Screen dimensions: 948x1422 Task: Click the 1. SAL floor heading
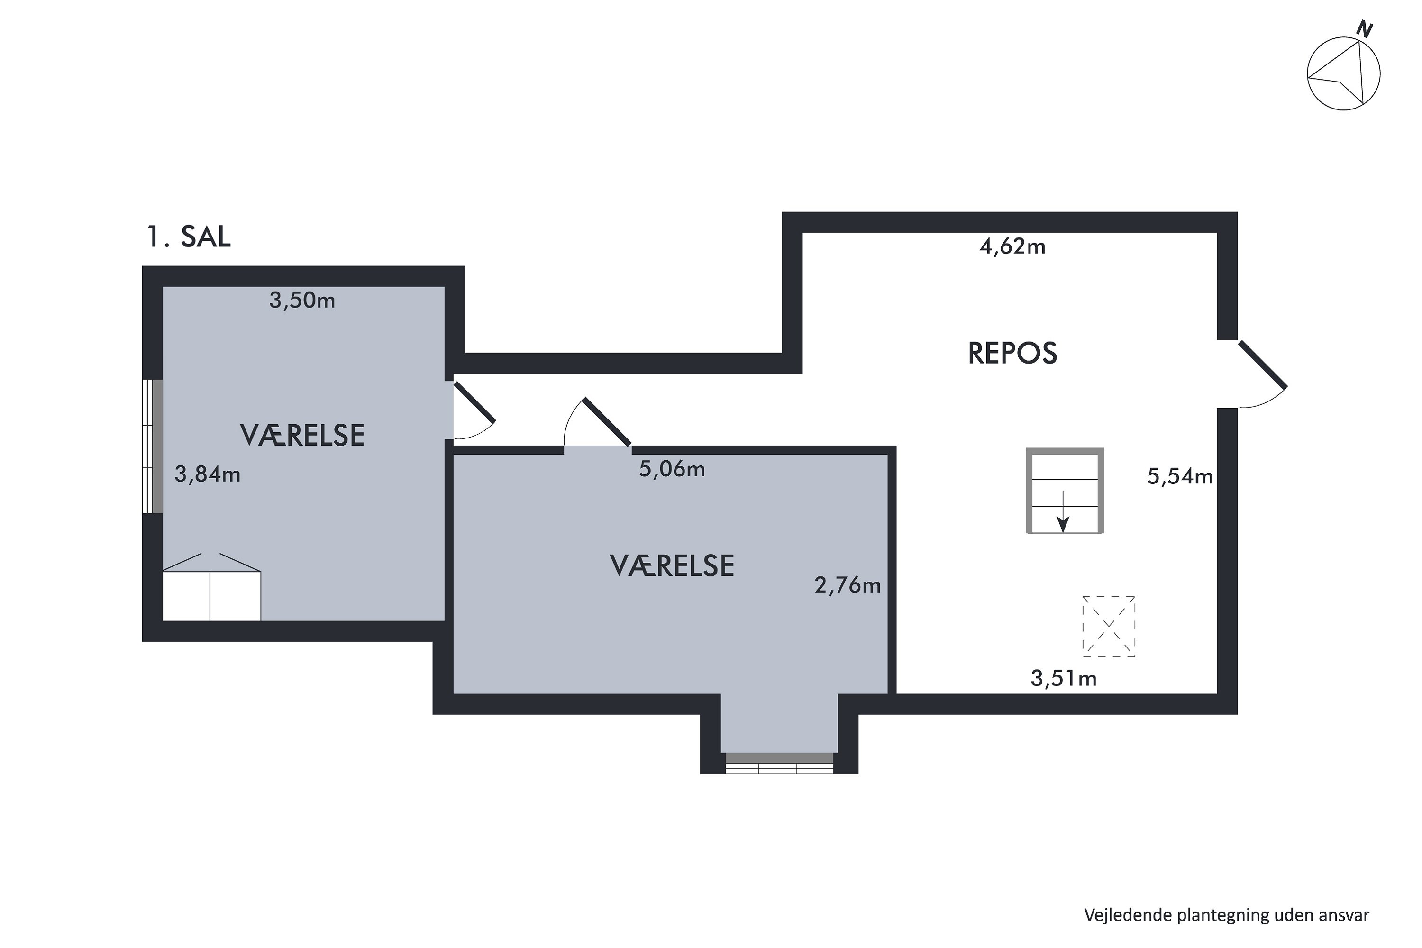[x=188, y=237]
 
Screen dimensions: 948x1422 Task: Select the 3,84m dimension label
[x=208, y=474]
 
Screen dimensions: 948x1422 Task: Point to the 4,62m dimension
[x=1012, y=246]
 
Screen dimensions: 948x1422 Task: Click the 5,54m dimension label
[x=1180, y=477]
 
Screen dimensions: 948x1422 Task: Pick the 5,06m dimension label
[x=672, y=469]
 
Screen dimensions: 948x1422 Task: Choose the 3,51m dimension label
[x=1064, y=678]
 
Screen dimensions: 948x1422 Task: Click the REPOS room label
[x=1012, y=354]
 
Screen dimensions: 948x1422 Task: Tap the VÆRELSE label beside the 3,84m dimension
[x=302, y=435]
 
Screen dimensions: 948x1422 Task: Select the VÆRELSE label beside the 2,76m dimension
[x=672, y=566]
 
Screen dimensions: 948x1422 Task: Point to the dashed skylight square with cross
[x=1108, y=626]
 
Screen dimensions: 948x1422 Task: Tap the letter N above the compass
[x=1365, y=29]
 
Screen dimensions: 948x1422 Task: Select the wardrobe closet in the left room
[x=211, y=595]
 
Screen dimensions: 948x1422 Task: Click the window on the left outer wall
[x=152, y=446]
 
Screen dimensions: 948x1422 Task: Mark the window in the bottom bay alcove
[x=779, y=763]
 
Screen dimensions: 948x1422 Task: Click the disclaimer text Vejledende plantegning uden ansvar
[x=1226, y=915]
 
